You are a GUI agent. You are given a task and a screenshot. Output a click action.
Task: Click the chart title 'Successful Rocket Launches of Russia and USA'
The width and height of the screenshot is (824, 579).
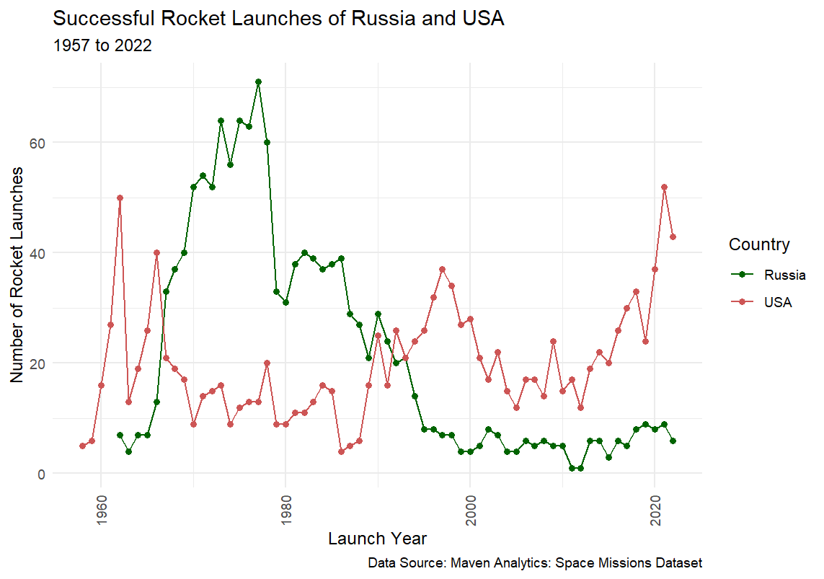click(278, 19)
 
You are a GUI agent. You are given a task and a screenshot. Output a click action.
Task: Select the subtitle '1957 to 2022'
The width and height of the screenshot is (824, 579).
click(102, 46)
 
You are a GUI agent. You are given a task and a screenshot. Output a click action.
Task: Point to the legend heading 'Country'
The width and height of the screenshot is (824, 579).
click(758, 244)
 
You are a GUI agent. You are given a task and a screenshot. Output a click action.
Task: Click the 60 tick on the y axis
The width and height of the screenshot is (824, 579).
click(37, 143)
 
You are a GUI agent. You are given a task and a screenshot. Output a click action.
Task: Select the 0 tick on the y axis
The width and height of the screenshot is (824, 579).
click(41, 474)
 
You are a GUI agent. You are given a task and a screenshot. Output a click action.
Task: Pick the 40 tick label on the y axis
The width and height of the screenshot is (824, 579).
click(37, 253)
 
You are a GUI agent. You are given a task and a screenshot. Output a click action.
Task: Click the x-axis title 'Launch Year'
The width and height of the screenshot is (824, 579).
click(377, 539)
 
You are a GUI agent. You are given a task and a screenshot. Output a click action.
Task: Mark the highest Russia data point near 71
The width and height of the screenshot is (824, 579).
click(258, 82)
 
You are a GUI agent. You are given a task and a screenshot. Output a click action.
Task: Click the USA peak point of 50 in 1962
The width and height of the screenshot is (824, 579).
click(120, 198)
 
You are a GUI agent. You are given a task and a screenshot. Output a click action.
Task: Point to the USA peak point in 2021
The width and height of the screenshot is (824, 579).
click(664, 187)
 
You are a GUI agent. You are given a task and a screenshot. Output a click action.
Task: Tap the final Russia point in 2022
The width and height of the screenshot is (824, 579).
click(673, 441)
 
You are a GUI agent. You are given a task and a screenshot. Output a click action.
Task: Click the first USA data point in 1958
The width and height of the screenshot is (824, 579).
click(82, 446)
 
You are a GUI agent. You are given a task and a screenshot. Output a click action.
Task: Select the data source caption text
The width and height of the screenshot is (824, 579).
click(534, 562)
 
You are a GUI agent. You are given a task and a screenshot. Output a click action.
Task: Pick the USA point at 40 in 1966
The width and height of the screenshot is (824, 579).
click(156, 253)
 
